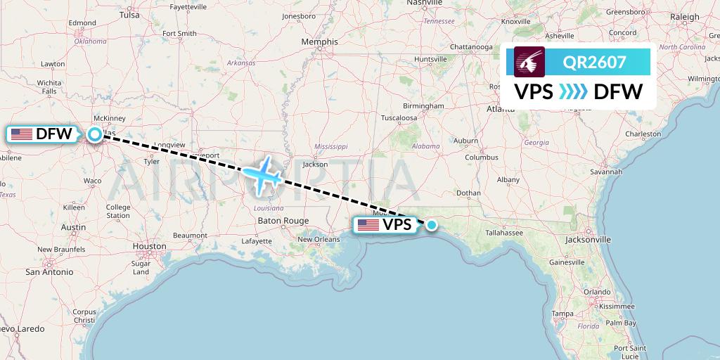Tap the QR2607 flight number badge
click(594, 62)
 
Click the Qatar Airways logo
click(530, 62)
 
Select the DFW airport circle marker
click(94, 134)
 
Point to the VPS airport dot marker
click(431, 225)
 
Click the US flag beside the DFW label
click(21, 134)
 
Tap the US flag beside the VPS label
click(368, 225)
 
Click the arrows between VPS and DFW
click(573, 91)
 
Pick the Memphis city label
click(319, 42)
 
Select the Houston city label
click(149, 247)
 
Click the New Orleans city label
click(319, 240)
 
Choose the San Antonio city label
click(49, 271)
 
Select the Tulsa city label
click(129, 14)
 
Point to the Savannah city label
click(606, 172)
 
